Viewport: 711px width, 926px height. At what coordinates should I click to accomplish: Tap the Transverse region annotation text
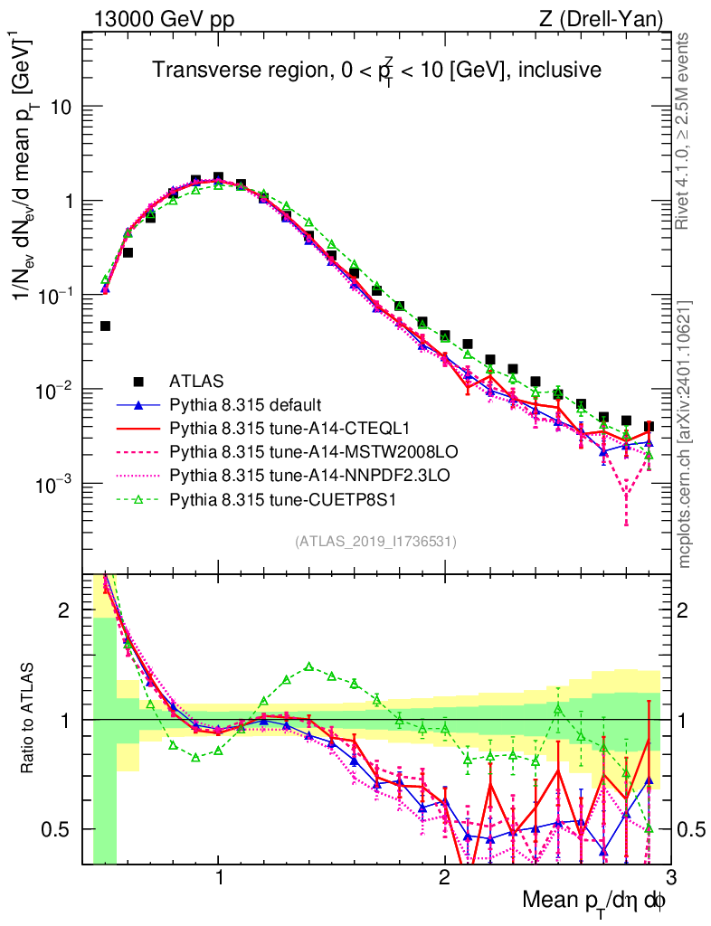tap(376, 71)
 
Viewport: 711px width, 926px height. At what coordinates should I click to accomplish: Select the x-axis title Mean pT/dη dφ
tap(595, 901)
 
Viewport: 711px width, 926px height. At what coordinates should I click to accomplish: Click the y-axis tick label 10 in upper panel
tap(62, 107)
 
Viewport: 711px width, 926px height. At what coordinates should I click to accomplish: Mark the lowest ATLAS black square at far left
tap(105, 326)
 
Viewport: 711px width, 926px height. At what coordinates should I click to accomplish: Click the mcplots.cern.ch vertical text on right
tap(687, 434)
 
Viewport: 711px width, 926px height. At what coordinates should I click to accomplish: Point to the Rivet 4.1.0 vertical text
tap(687, 131)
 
